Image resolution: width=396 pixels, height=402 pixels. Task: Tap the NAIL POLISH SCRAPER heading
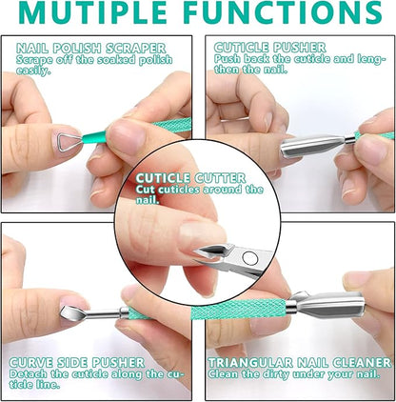90,48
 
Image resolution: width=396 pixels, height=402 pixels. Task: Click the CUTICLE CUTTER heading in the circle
191,178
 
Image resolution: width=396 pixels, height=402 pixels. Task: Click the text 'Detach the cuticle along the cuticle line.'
90,378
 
